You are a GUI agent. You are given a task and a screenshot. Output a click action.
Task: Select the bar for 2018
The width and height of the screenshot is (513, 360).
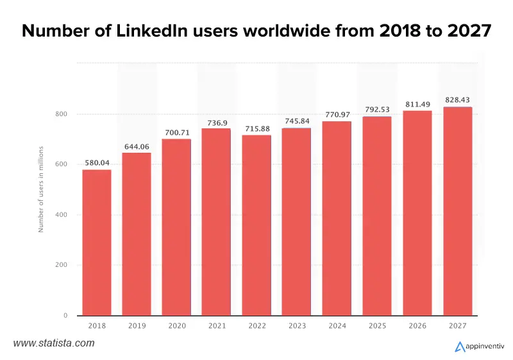tap(96, 243)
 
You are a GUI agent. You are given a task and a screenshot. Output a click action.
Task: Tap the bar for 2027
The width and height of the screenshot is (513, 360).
tap(457, 211)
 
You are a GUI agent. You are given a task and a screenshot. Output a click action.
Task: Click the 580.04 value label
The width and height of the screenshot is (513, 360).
tap(96, 162)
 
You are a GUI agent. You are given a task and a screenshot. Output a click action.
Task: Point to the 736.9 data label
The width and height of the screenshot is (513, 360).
tap(217, 121)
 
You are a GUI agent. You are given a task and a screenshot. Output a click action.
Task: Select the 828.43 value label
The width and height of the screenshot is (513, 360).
tap(457, 99)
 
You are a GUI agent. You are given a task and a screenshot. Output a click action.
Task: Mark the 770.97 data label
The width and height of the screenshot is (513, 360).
tap(337, 114)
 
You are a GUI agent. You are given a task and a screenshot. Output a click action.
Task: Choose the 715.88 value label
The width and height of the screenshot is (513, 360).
tap(256, 128)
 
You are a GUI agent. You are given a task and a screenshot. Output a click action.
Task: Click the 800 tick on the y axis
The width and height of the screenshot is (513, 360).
tap(62, 114)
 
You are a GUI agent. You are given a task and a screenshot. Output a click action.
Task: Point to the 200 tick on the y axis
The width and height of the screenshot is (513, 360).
tap(62, 265)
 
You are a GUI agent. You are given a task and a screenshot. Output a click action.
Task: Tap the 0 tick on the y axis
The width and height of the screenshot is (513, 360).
tap(65, 316)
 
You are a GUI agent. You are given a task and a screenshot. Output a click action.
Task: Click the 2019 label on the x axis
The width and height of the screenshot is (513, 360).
tap(136, 327)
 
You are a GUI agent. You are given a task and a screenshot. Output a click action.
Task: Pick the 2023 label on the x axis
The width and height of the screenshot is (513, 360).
tap(296, 327)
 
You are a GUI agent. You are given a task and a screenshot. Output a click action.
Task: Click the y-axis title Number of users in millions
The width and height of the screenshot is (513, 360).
tap(41, 189)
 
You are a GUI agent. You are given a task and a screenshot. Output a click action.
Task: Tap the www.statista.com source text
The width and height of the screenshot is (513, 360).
tap(54, 343)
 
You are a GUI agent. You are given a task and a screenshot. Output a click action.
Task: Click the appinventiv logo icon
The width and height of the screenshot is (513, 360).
tap(460, 347)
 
